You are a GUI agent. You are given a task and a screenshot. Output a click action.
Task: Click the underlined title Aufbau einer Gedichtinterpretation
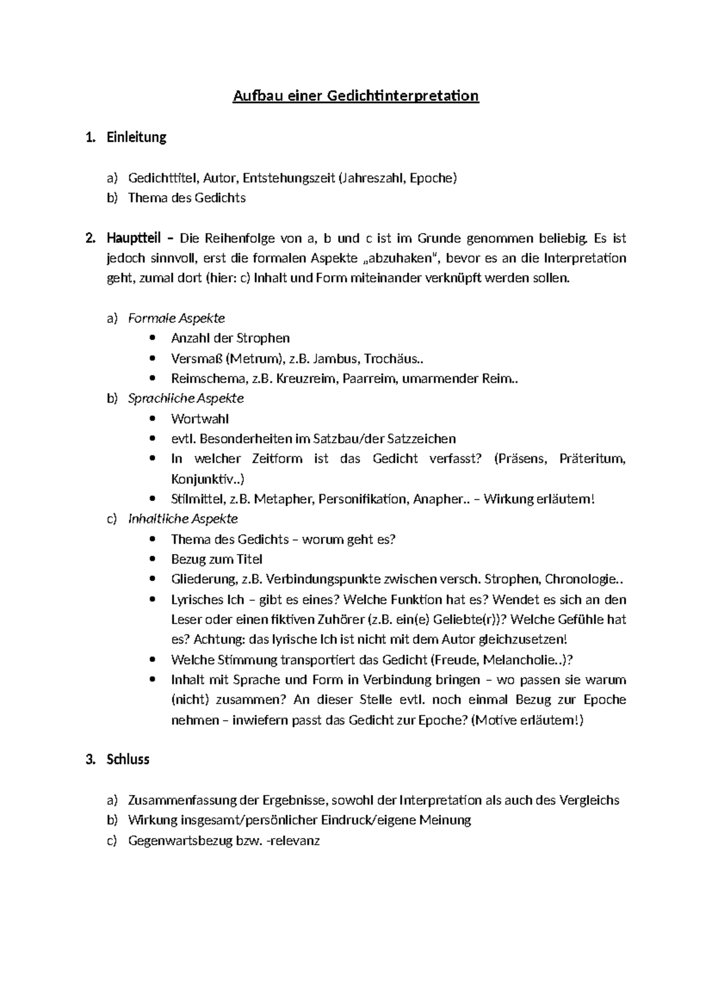(355, 96)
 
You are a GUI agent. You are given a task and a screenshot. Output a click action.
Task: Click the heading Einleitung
(136, 138)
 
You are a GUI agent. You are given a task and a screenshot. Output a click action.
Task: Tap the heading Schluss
(128, 759)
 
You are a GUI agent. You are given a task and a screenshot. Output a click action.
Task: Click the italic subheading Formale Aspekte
(176, 319)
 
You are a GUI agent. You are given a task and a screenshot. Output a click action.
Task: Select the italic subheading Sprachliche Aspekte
(186, 399)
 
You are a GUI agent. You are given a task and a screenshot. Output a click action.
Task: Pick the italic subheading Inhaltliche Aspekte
(183, 519)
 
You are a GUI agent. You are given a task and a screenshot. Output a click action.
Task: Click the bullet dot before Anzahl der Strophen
(154, 338)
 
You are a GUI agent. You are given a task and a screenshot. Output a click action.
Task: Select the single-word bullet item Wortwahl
(200, 419)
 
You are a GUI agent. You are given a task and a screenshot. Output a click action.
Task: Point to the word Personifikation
(363, 499)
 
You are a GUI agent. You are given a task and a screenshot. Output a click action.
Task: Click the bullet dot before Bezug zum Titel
(154, 559)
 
